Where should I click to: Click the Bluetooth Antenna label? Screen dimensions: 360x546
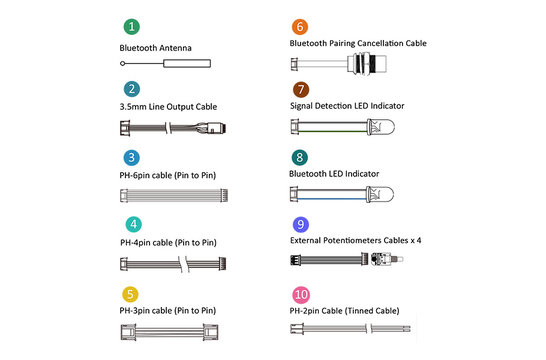pyautogui.click(x=155, y=47)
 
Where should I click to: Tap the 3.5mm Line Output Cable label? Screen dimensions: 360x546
pyautogui.click(x=168, y=107)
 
